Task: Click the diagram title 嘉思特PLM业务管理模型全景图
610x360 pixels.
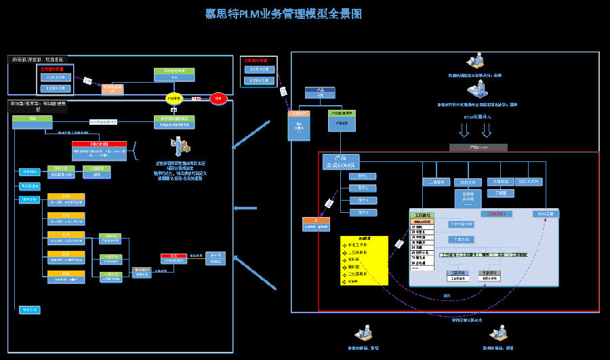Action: pos(284,14)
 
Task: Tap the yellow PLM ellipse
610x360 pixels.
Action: pos(174,98)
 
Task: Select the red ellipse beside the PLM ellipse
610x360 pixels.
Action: pos(218,98)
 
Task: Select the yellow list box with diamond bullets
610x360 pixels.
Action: pos(364,260)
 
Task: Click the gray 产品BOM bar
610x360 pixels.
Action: pos(478,147)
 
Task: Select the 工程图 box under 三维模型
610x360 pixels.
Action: pos(501,193)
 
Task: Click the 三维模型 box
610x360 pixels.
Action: pos(501,182)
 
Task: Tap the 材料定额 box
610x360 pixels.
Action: pos(545,214)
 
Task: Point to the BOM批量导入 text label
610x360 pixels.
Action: pos(478,117)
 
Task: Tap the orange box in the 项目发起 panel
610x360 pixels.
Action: pos(113,88)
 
